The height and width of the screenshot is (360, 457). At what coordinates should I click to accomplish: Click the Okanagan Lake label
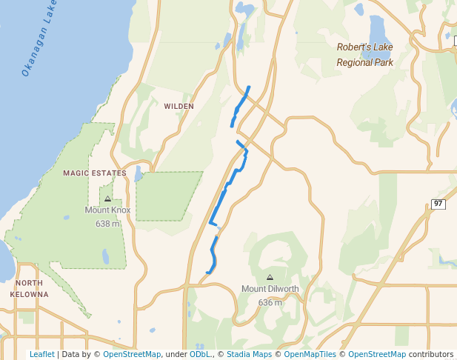(x=39, y=47)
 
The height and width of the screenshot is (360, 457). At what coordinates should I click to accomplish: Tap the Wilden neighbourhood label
(x=179, y=107)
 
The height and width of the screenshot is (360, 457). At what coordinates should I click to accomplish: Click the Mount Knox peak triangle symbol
(x=107, y=199)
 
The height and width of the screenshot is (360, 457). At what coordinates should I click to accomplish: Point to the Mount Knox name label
(x=107, y=210)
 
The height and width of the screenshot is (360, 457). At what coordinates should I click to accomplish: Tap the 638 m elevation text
(x=107, y=223)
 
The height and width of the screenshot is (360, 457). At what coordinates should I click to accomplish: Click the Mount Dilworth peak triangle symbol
(x=269, y=277)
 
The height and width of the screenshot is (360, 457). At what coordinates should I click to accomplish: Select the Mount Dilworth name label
(x=270, y=289)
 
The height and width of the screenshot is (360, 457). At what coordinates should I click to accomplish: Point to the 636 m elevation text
(x=270, y=302)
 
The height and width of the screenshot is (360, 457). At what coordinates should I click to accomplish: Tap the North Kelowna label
(x=30, y=289)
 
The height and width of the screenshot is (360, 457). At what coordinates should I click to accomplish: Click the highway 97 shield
(x=438, y=204)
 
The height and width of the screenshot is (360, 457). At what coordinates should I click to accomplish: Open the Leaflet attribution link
(x=41, y=354)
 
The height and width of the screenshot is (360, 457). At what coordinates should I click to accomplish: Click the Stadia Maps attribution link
(x=249, y=354)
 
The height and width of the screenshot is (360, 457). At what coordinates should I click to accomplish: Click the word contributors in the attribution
(x=430, y=354)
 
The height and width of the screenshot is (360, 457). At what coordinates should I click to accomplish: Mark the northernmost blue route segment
(x=240, y=106)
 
